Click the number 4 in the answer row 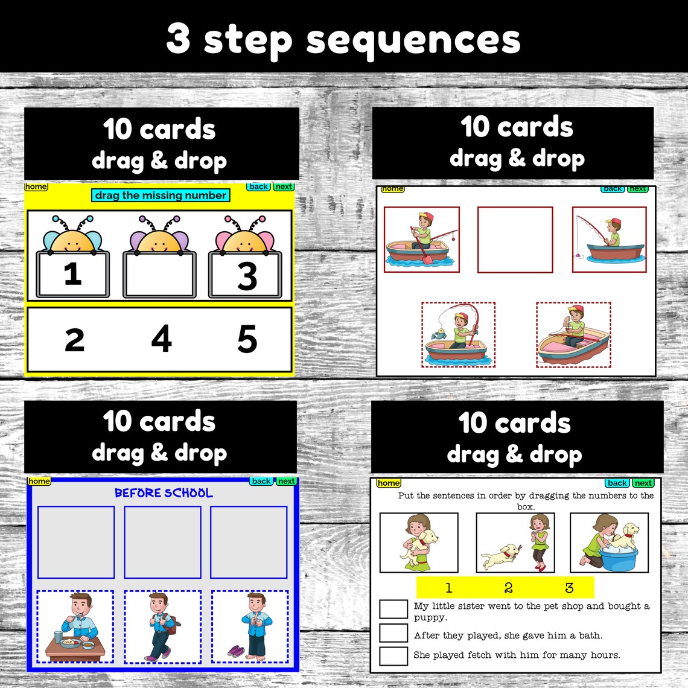161,339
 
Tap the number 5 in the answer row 247,339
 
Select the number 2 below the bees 74,340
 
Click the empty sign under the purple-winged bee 159,275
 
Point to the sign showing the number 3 245,275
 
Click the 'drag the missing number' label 161,195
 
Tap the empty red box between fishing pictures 515,240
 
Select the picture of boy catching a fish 458,335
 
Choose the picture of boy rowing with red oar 422,240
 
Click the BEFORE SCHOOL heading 164,493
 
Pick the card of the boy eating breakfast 75,627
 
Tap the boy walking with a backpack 162,627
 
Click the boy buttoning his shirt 249,627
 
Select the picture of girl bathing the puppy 609,543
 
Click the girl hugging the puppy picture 419,543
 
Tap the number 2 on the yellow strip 508,588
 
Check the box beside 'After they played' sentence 393,632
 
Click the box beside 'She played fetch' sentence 393,655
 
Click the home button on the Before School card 39,481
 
